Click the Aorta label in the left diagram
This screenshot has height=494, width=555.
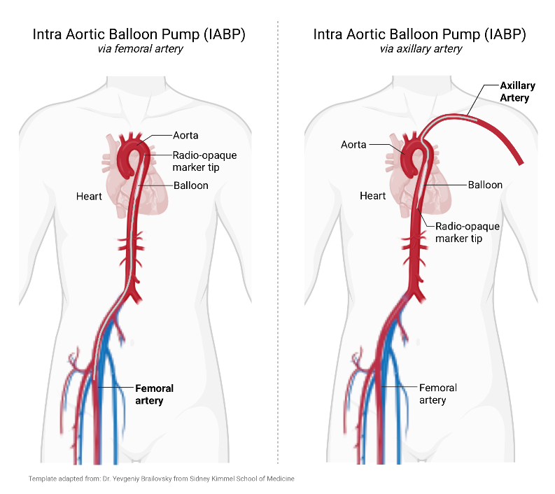click(185, 135)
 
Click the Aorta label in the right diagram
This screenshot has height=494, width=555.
click(353, 145)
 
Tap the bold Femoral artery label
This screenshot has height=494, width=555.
click(154, 394)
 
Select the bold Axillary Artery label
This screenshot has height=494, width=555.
click(517, 92)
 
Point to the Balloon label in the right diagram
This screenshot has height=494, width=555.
click(485, 185)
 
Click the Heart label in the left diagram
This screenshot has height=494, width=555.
click(89, 197)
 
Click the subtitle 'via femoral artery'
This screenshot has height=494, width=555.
click(139, 49)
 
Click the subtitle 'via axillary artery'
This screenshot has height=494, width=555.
click(420, 49)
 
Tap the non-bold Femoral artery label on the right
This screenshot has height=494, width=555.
click(437, 393)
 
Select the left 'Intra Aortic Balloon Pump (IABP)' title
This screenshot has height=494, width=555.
click(139, 34)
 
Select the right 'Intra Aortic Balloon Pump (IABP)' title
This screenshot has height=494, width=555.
click(420, 34)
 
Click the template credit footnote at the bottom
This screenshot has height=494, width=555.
click(161, 479)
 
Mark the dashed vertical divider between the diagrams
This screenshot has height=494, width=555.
click(279, 245)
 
